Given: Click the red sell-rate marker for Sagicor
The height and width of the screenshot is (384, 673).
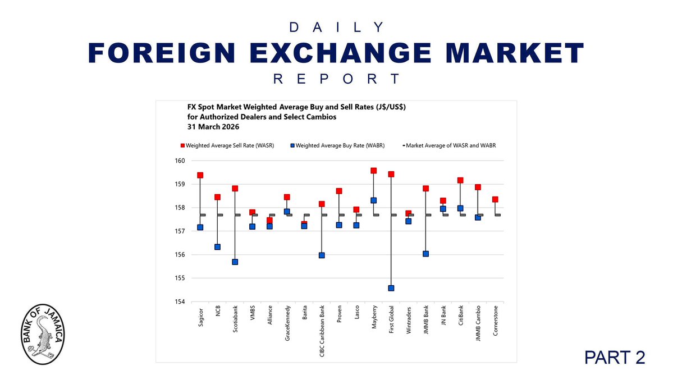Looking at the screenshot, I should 200,175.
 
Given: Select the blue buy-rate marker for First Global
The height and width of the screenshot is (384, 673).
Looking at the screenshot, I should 391,288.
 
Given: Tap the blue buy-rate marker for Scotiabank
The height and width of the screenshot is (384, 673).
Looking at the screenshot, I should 235,262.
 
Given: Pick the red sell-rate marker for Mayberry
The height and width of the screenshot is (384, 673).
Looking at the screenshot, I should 374,171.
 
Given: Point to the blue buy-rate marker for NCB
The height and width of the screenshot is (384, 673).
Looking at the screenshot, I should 218,247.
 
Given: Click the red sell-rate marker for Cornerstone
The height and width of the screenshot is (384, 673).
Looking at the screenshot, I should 495,199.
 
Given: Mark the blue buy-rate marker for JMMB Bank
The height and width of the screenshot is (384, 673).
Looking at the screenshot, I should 425,254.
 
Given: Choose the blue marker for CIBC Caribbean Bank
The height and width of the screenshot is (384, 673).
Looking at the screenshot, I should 322,255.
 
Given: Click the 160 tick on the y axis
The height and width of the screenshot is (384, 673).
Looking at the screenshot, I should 180,161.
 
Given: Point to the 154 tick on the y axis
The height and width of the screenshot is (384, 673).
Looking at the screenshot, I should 180,301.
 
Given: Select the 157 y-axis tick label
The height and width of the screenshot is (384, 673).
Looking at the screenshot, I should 180,231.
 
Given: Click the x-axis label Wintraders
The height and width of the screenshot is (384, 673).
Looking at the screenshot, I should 409,323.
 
